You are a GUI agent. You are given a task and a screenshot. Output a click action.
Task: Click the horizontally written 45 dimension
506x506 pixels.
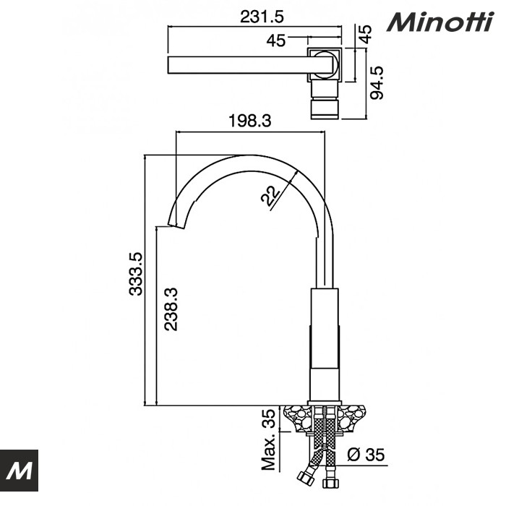coord(275,40)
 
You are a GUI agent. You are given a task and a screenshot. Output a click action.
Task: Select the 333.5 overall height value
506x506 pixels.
coord(135,274)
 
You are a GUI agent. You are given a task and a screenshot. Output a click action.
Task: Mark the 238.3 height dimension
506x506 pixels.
coord(170,309)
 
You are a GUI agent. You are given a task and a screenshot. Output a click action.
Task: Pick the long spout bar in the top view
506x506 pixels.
coord(239,65)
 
